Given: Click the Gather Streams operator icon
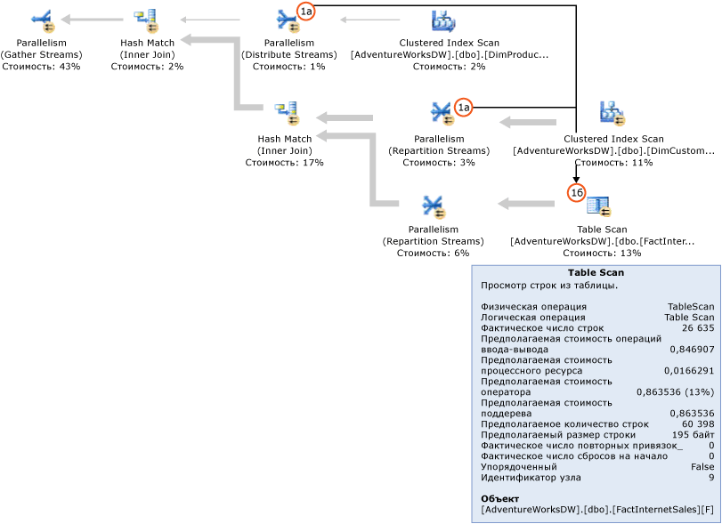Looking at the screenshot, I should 41,20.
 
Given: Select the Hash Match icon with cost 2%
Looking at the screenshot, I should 146,20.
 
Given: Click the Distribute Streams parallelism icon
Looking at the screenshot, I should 288,20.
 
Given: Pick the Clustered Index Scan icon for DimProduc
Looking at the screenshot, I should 442,20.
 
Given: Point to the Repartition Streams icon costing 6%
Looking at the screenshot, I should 434,206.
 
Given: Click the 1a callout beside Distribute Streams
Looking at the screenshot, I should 306,12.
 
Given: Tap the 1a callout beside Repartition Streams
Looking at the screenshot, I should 463,107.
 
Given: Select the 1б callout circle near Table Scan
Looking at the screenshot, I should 576,192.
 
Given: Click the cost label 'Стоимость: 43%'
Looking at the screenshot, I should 41,67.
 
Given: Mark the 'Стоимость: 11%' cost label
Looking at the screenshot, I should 612,163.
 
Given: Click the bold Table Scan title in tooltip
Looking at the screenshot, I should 596,273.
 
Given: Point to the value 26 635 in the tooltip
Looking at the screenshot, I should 697,328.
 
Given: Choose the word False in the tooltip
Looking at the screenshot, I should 702,467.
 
